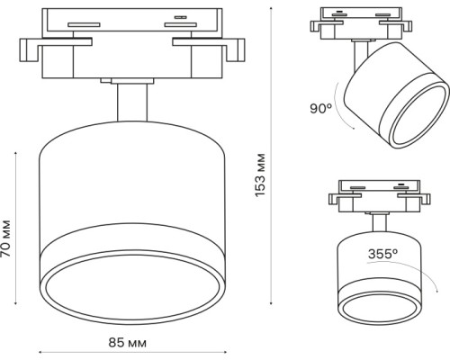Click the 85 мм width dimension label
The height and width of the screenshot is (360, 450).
point(128,343)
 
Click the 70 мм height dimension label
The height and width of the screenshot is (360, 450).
point(5,238)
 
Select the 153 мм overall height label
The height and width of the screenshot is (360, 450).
point(260,175)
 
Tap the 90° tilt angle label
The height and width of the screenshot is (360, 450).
point(321,108)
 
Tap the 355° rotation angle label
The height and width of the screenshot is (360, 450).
point(382,254)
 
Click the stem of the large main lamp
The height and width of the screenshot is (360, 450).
point(132,103)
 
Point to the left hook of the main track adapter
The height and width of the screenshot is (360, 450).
point(29,50)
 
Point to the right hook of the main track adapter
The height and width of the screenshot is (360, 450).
point(236,50)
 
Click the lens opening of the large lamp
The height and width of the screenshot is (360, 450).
point(132,286)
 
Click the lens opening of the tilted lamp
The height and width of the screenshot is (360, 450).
point(420,115)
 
